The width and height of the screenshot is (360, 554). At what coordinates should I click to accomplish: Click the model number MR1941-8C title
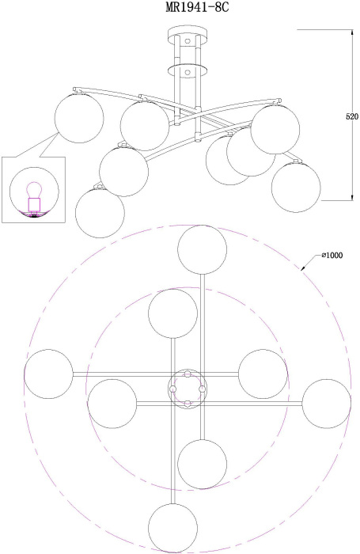198,7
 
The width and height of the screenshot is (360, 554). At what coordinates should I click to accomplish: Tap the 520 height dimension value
352,116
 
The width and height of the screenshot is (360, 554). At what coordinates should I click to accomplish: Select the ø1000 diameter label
332,255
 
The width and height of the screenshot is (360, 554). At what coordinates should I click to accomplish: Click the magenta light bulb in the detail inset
34,190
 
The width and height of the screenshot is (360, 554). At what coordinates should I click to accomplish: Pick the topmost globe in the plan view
203,250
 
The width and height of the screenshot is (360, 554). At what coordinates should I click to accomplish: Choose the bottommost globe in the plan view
172,528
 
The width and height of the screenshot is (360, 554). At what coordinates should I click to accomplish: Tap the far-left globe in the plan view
48,374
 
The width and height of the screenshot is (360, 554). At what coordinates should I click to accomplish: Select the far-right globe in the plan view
327,404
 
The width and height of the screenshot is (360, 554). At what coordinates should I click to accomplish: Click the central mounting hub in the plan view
188,389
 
